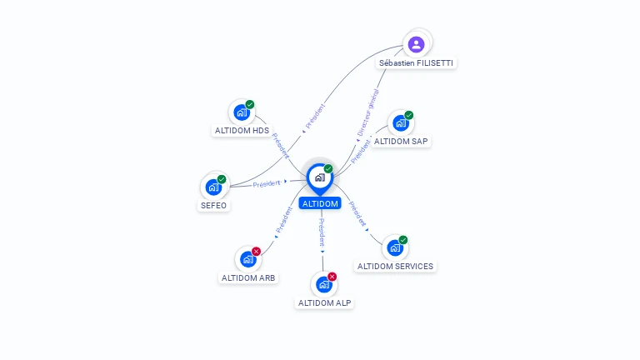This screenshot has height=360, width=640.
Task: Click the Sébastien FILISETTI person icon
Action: click(x=417, y=44)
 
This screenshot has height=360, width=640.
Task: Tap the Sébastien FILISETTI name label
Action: click(x=417, y=63)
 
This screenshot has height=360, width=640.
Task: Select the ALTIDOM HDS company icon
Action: click(x=242, y=112)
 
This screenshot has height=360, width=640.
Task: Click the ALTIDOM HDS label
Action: click(x=242, y=131)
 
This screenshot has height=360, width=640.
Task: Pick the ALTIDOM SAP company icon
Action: click(x=401, y=123)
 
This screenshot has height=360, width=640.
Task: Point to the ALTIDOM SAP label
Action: click(x=401, y=142)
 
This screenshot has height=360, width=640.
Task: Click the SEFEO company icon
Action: click(x=213, y=187)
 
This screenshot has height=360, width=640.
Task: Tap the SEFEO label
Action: click(x=213, y=205)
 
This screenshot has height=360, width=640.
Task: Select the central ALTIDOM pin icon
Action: click(x=320, y=177)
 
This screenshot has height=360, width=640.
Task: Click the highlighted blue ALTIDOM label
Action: click(x=320, y=203)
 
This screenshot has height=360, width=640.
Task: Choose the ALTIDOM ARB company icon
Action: click(x=248, y=259)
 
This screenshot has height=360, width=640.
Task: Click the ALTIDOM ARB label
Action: click(x=248, y=277)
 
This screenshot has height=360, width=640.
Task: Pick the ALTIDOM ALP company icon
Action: click(x=324, y=284)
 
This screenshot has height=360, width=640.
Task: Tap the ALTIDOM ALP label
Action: click(x=324, y=302)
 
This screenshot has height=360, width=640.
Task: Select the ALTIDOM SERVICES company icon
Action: click(x=395, y=247)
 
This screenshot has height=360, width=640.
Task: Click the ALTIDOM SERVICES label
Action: click(x=395, y=266)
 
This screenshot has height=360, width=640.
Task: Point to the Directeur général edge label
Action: click(x=367, y=113)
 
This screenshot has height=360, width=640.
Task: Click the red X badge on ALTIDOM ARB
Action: click(x=257, y=251)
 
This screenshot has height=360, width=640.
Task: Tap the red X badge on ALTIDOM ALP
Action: click(x=332, y=276)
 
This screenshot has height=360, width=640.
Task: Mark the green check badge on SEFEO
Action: click(x=222, y=179)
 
